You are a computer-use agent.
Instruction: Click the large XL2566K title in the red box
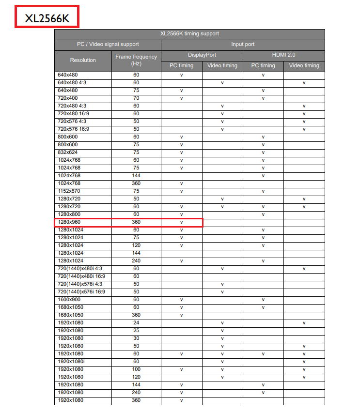coord(47,17)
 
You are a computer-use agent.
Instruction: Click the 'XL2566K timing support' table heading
coord(189,34)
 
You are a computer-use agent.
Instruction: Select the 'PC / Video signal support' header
coord(108,44)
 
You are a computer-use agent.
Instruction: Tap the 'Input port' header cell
coord(243,44)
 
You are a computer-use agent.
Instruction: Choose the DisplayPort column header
coord(202,55)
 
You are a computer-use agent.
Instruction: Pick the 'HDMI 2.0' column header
coord(283,55)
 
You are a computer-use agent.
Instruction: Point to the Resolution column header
coord(83,60)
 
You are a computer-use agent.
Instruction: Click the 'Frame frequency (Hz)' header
coord(136,60)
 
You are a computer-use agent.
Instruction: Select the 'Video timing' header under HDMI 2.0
coord(304,65)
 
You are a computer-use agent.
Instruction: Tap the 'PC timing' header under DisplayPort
coord(181,65)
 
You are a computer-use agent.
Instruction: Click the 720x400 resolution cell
coord(67,98)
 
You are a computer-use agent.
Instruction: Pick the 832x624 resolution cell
coord(67,153)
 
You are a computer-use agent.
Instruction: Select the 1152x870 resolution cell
coord(69,191)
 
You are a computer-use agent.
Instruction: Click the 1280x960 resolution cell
coord(69,222)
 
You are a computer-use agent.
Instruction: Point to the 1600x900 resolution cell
coord(69,300)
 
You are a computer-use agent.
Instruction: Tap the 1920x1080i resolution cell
coord(71,362)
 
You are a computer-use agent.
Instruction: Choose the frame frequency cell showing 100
coord(136,369)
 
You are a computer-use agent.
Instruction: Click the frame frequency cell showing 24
coord(136,323)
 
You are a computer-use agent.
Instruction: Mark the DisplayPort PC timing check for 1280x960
coord(181,222)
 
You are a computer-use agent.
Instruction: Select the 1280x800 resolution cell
coord(69,214)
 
